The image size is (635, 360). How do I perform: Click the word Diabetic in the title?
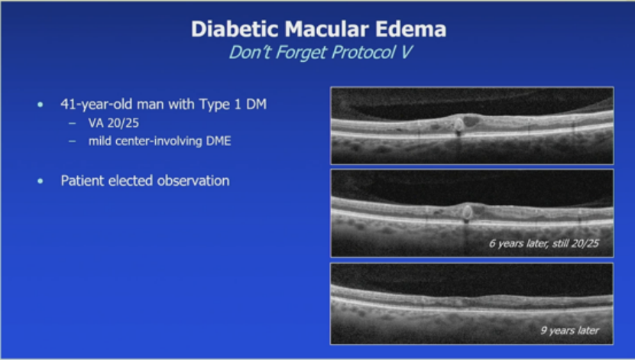[x=235, y=29]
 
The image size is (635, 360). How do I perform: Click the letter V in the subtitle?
[x=407, y=52]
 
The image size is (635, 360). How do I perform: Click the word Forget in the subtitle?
[x=300, y=52]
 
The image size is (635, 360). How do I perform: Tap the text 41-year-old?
[x=97, y=105]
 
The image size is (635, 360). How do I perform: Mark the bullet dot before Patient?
[x=40, y=181]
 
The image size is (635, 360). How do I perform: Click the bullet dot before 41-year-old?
[x=40, y=105]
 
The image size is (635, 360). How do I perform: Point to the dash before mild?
[x=72, y=141]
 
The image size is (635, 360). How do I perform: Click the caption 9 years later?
[x=570, y=330]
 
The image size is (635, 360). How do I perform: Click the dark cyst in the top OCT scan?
[x=471, y=121]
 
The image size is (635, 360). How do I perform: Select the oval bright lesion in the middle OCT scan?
[x=467, y=212]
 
